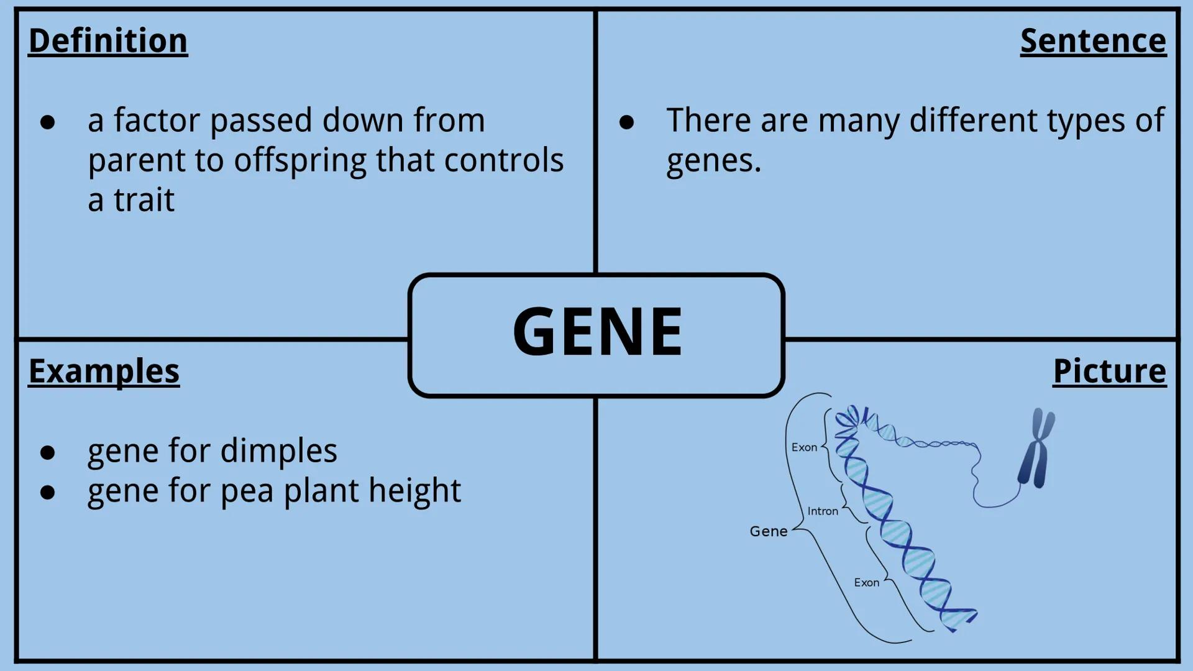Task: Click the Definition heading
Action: click(108, 41)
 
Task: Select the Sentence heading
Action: click(1093, 41)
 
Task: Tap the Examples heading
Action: click(104, 372)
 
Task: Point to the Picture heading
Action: click(1109, 372)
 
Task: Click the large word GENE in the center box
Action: click(597, 332)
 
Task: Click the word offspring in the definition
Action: click(300, 162)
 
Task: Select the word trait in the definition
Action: click(144, 201)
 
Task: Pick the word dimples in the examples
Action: click(278, 452)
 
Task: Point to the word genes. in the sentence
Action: click(713, 162)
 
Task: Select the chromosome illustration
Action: click(1036, 449)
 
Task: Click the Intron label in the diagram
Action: click(823, 511)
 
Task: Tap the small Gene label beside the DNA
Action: click(769, 531)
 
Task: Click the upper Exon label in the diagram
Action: click(804, 447)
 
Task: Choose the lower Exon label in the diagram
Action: click(866, 583)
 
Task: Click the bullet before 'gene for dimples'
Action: click(48, 453)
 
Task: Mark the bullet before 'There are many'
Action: click(626, 122)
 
